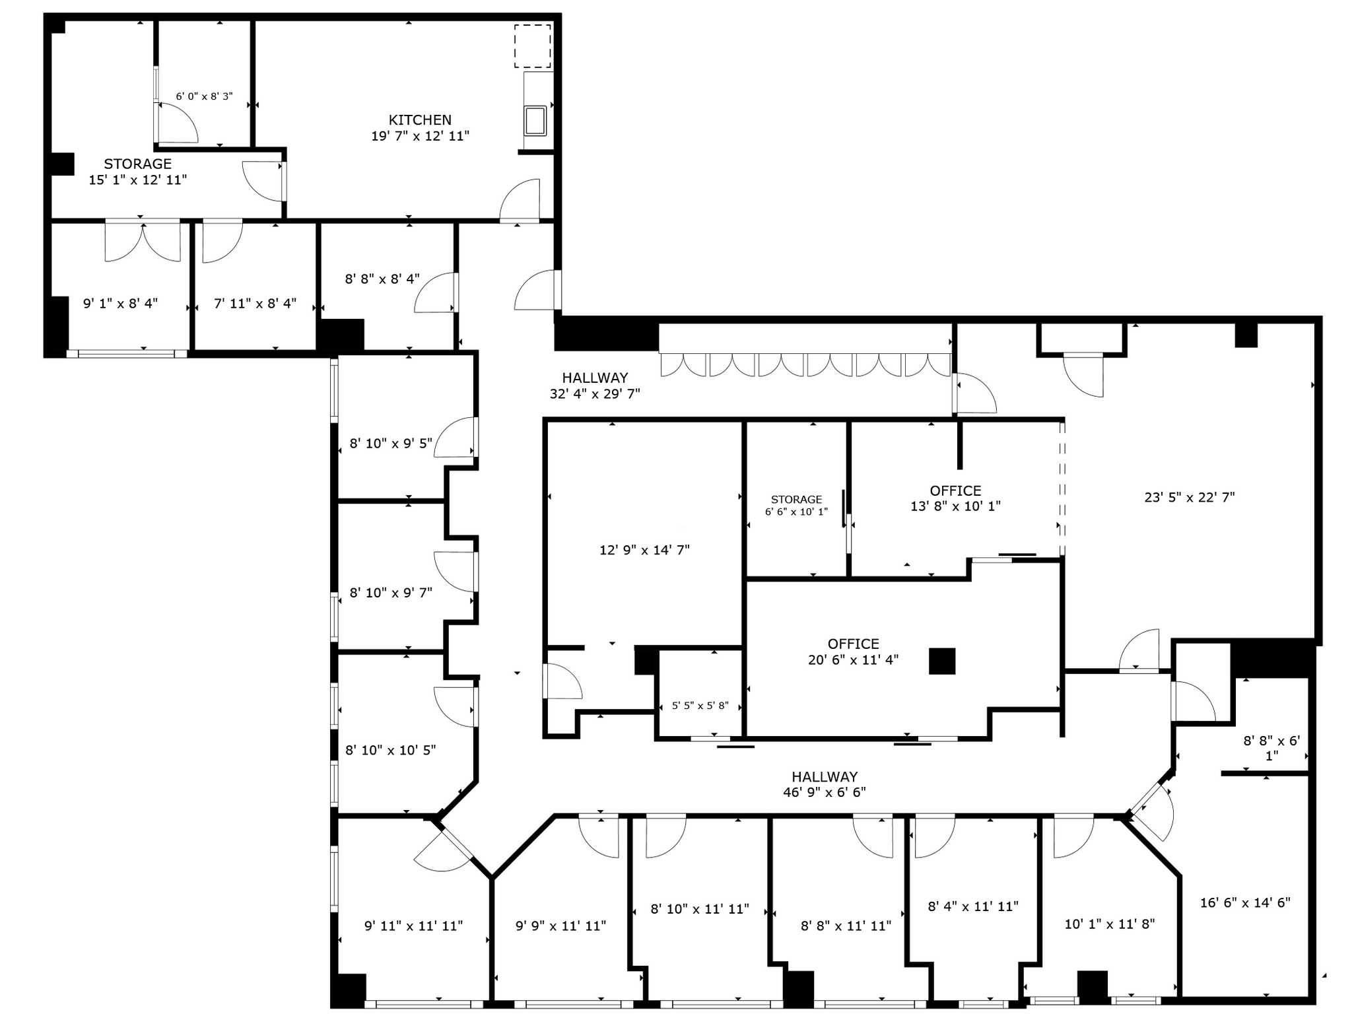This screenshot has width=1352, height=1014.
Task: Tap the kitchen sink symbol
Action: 535,120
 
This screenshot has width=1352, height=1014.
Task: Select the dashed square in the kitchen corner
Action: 532,46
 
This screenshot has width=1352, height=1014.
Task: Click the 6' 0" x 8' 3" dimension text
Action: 204,96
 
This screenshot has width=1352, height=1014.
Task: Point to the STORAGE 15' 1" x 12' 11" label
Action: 138,172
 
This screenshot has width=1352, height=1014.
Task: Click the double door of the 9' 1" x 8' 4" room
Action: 143,242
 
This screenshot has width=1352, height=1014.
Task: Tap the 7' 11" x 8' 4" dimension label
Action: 255,304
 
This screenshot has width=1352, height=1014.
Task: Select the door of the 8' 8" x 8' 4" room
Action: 436,293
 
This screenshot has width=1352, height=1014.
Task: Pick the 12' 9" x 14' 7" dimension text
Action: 644,550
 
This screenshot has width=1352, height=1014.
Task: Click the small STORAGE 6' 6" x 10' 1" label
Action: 796,506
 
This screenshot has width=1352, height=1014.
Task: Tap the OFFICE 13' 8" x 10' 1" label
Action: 955,498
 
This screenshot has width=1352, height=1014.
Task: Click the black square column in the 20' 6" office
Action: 942,661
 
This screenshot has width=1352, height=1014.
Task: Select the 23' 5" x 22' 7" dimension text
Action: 1189,498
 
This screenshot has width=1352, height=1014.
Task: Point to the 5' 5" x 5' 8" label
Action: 700,706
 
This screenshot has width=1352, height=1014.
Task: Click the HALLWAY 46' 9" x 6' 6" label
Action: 825,784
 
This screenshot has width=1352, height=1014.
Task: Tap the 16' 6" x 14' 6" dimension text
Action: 1244,902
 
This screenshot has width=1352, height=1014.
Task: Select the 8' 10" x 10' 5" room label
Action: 390,750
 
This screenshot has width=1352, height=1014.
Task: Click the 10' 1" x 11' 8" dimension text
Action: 1109,924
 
